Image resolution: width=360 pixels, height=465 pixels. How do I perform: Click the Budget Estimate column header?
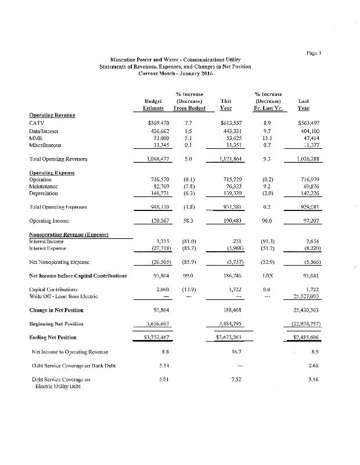pos(153,104)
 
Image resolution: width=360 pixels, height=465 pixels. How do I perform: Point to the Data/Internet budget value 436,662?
pos(154,131)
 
